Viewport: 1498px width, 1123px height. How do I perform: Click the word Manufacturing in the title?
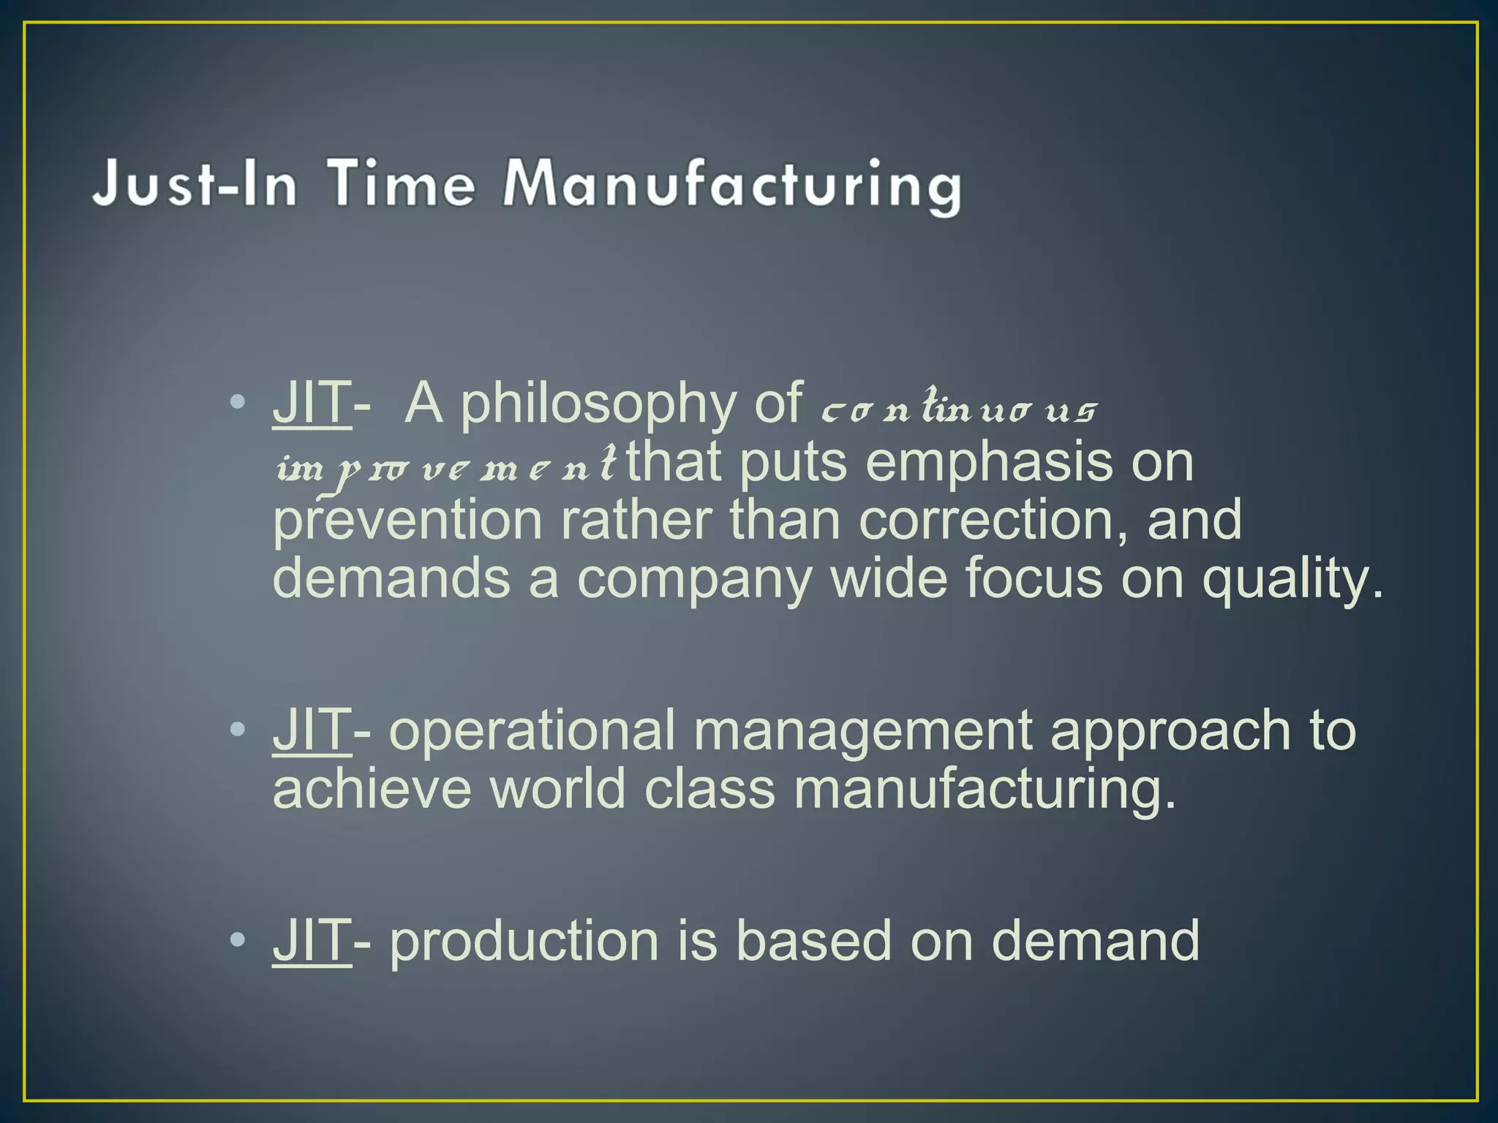pos(731,185)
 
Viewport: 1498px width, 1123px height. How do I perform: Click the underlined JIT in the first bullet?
pos(312,403)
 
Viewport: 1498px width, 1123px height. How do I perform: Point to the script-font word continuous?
pos(958,408)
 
